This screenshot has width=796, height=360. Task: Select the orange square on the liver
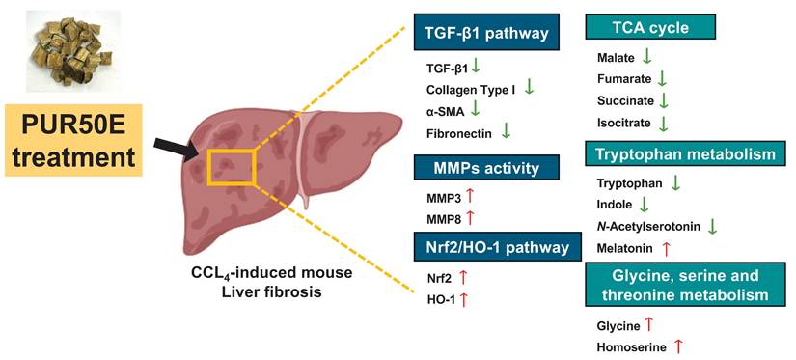(x=231, y=166)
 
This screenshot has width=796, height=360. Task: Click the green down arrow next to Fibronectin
(x=507, y=130)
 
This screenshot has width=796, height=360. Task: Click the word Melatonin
(x=624, y=249)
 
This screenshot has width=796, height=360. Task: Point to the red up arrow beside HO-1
(x=464, y=299)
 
